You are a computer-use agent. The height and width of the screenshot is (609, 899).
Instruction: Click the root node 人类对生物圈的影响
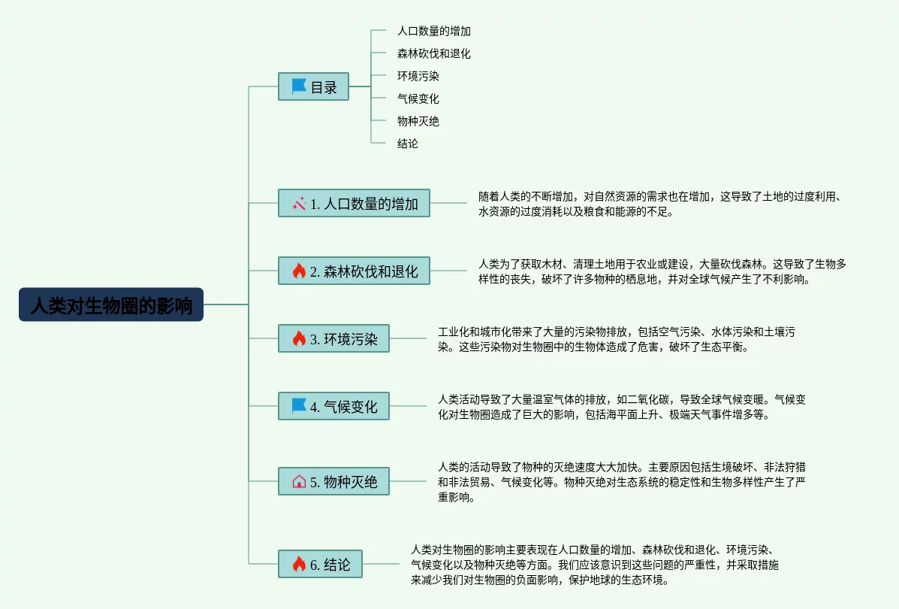pos(111,304)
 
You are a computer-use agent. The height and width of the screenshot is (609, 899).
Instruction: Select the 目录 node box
pos(313,86)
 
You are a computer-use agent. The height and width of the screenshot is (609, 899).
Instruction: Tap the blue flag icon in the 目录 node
pos(299,86)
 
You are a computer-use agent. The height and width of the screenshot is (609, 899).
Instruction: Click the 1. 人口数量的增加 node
pos(354,203)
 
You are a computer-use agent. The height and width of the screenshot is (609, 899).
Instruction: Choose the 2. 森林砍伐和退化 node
pos(354,271)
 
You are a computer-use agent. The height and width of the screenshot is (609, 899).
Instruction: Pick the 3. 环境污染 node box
pos(333,338)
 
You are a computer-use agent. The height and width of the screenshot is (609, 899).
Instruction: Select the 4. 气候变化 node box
pos(333,407)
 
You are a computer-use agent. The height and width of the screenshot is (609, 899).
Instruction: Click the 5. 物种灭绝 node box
pos(333,481)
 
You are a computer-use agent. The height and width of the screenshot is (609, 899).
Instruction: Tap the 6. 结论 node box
pos(320,564)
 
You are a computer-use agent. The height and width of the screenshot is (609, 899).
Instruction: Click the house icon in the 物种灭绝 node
pos(299,481)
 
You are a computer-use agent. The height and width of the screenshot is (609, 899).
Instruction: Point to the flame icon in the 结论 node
pos(299,564)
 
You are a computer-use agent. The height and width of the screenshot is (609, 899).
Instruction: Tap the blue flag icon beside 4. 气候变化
pos(299,407)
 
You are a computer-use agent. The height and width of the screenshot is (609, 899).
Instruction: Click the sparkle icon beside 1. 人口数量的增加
pos(299,203)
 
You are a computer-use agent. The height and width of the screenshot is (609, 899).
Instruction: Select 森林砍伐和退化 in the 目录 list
pos(433,53)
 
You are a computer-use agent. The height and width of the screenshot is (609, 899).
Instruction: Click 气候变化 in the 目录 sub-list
pos(418,98)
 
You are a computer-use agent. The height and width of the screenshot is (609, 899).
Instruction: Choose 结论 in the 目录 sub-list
pos(408,143)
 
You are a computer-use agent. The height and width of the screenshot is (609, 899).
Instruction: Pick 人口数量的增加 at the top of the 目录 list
pos(433,31)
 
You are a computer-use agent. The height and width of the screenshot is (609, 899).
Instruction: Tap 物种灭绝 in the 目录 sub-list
pos(418,121)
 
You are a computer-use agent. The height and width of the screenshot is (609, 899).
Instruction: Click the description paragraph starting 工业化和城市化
pos(616,339)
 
